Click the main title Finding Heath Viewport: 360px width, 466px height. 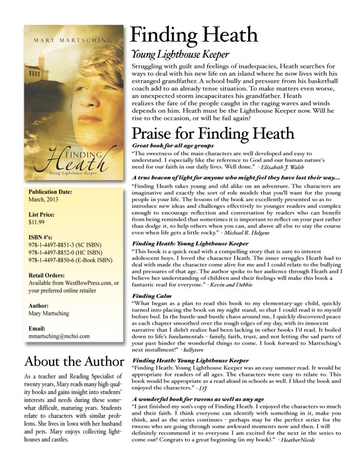pyautogui.click(x=194, y=35)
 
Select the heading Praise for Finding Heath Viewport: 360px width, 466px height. pyautogui.click(x=212, y=133)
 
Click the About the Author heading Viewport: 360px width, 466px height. pyautogui.click(x=74, y=361)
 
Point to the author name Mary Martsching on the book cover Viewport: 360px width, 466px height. pyautogui.click(x=73, y=39)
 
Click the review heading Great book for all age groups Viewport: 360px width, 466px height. pyautogui.click(x=175, y=147)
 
